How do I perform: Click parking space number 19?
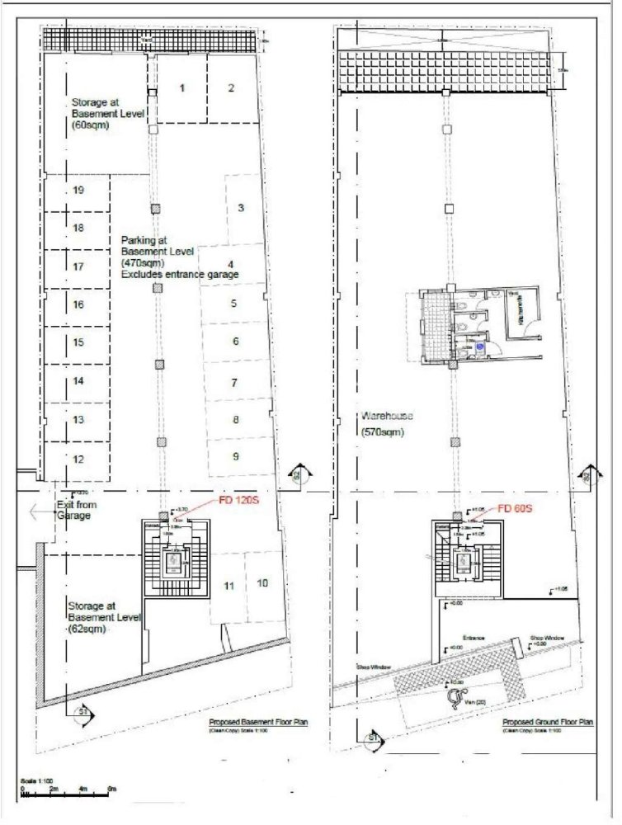78,191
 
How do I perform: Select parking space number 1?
182,87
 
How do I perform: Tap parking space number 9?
236,456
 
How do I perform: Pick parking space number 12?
78,459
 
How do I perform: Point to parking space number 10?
262,583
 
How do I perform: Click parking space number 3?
240,208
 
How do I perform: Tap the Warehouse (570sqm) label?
388,424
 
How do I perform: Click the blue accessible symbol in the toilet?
479,348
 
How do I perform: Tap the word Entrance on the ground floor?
474,638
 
